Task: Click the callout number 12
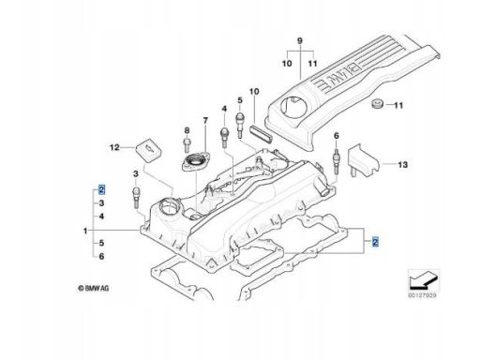[x=114, y=147]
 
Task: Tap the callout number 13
[x=403, y=164]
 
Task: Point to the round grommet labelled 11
[x=378, y=104]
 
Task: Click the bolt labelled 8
[x=187, y=145]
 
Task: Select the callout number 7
[x=205, y=120]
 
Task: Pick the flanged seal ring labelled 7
[x=196, y=161]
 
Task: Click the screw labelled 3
[x=137, y=198]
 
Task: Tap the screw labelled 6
[x=337, y=161]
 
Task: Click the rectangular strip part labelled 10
[x=262, y=133]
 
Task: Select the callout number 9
[x=299, y=40]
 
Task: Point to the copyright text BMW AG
[x=94, y=288]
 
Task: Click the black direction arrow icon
[x=424, y=279]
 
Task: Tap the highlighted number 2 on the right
[x=375, y=242]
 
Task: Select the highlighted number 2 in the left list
[x=101, y=189]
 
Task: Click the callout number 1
[x=85, y=231]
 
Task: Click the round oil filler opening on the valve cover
[x=169, y=206]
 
